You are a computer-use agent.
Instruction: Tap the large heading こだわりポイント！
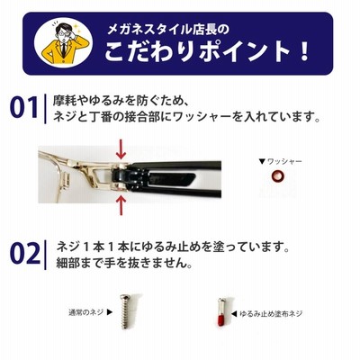click(207, 51)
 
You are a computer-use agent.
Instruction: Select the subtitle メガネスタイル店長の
click(168, 30)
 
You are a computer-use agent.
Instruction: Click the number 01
click(24, 107)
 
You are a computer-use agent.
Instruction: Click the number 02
click(25, 254)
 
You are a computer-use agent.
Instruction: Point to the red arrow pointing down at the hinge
click(121, 148)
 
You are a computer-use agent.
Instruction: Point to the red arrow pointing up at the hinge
click(121, 205)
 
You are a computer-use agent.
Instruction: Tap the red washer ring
click(276, 175)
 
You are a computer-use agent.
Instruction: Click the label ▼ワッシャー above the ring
click(280, 162)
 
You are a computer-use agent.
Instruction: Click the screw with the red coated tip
click(221, 311)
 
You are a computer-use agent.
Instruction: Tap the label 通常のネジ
click(86, 312)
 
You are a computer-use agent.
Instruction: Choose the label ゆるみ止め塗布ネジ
click(271, 314)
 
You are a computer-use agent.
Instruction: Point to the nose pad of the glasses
click(67, 179)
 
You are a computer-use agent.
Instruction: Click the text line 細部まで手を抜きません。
click(124, 263)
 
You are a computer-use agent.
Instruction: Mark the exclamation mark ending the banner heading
click(304, 51)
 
